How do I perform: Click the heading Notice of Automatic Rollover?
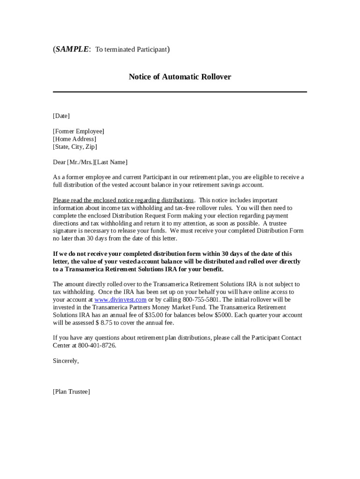[x=180, y=77]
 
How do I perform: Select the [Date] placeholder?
[x=61, y=116]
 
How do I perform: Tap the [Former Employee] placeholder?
[x=79, y=131]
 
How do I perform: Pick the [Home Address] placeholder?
[x=75, y=139]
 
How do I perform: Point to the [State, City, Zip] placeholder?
[x=75, y=147]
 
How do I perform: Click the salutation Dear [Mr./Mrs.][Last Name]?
[x=90, y=162]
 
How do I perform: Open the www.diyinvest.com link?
[x=121, y=299]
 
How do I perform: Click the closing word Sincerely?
[x=66, y=361]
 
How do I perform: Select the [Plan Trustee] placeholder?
[x=72, y=392]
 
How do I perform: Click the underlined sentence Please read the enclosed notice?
[x=123, y=200]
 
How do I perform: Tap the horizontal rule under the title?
[x=180, y=92]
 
